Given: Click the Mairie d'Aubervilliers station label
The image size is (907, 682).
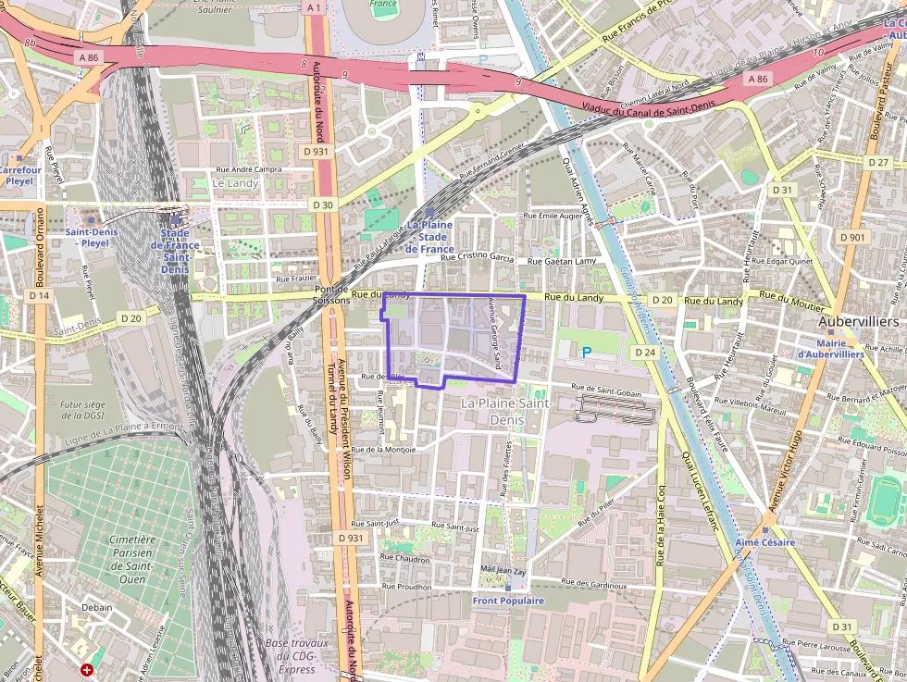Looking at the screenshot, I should pos(830,348).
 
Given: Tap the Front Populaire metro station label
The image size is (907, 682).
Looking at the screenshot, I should pos(508,601).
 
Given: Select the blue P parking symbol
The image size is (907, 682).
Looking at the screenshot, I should pos(585,352).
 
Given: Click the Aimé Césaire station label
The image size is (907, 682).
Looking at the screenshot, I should pos(764,542).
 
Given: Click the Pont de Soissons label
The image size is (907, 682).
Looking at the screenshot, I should pos(330,295).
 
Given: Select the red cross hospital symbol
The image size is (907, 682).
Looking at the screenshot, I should pos(87,668).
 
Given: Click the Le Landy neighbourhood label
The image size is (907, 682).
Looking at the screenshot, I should pos(235,183).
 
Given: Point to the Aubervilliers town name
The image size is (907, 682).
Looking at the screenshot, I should pos(858,321).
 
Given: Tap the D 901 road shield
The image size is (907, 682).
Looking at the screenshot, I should pos(852,237).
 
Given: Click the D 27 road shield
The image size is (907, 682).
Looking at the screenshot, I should pos(878,162).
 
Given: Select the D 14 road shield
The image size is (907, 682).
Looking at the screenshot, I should pos(38,295).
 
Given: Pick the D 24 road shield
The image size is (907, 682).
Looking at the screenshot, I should pos(645,353).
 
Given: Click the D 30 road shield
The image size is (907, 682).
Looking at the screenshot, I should pos(322,204).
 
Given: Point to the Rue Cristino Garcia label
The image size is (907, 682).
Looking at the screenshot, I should pos(477,258).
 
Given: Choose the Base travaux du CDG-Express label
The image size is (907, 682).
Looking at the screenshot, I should pos(297,656).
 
